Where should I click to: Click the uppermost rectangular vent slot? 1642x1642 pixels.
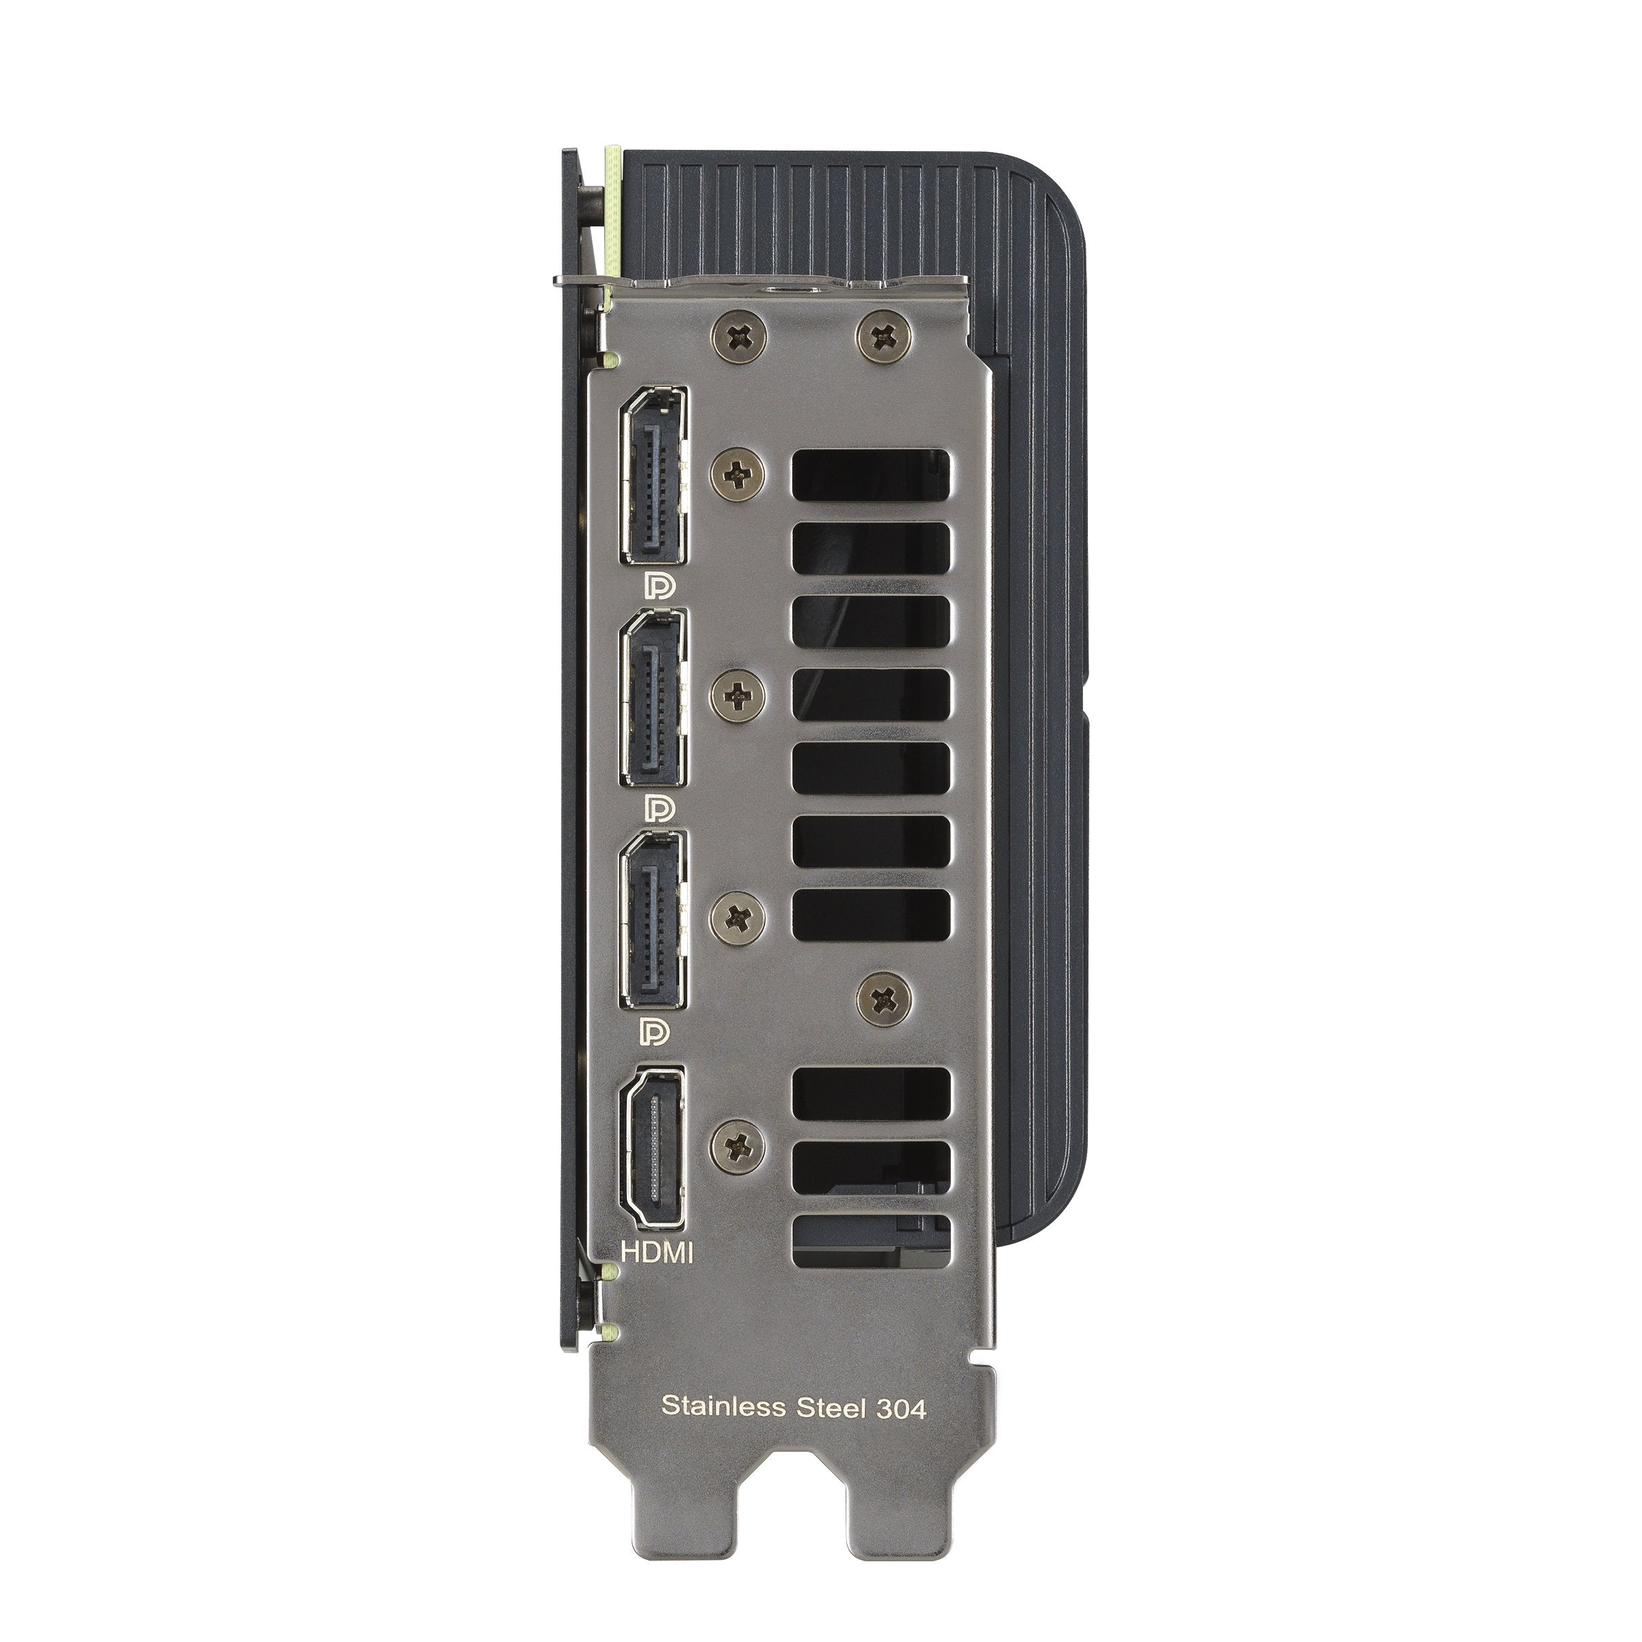click(x=871, y=473)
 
